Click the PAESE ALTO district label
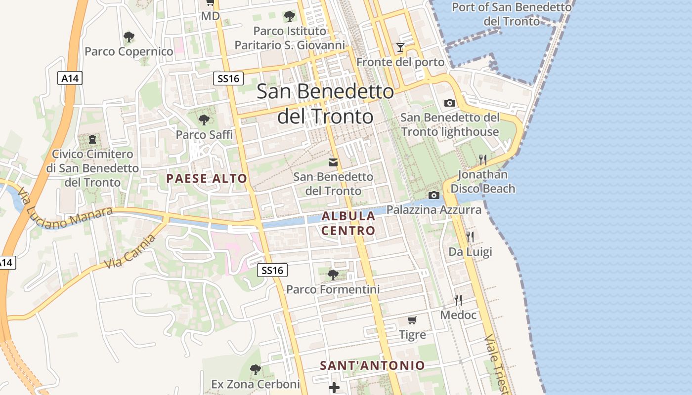207,178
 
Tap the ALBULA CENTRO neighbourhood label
348,223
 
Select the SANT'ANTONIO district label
372,365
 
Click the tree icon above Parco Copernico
129,37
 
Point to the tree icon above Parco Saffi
204,119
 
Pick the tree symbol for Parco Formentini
333,275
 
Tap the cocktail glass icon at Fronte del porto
400,47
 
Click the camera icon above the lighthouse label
450,103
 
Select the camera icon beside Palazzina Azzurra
434,195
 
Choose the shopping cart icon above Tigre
412,320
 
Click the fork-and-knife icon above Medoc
458,300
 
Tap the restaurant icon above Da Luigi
470,237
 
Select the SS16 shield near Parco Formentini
272,270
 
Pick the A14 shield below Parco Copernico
70,78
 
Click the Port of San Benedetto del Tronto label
512,14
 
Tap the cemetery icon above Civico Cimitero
92,139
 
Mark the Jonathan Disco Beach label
482,181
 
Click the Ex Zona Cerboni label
256,384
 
